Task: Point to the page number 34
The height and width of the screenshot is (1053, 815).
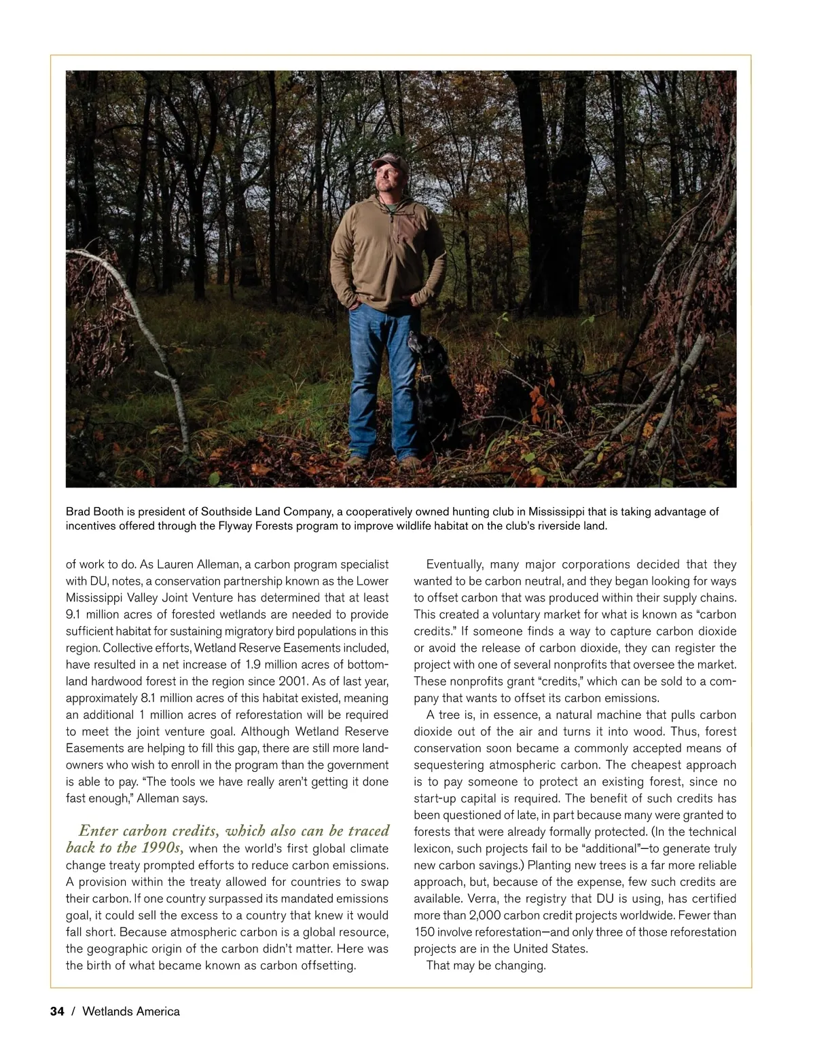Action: click(57, 1012)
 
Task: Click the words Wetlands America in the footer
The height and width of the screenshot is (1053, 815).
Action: click(131, 1012)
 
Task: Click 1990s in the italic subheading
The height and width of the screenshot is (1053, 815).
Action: click(162, 847)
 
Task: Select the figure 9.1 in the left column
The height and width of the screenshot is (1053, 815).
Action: click(74, 614)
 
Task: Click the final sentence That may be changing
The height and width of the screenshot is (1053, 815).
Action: click(486, 965)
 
